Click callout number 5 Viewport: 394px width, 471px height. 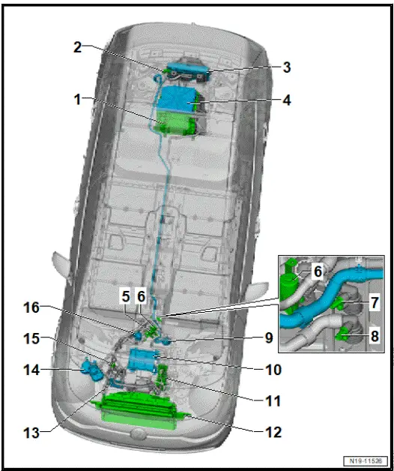click(x=125, y=297)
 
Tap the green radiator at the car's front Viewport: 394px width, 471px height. click(x=139, y=412)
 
